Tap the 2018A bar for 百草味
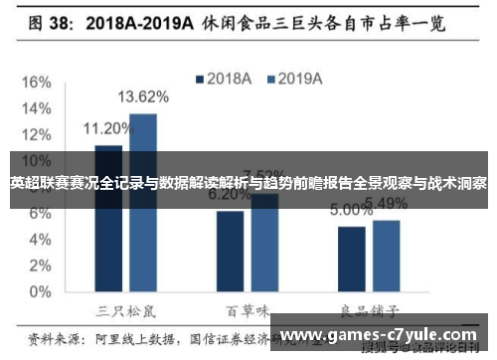coord(230,253)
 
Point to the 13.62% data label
coord(143,97)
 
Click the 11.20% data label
coord(107,128)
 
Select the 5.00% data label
coord(351,211)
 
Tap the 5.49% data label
coord(386,204)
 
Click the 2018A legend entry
coord(226,78)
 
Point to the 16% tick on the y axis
coord(36,81)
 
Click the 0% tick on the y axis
coord(40,293)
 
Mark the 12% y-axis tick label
coord(36,134)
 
